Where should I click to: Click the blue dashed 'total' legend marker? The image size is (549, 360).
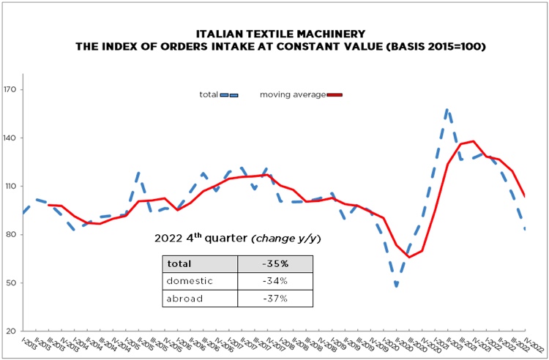click(x=229, y=94)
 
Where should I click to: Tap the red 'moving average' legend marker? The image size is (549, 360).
click(x=335, y=94)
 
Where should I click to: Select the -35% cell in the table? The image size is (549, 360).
click(x=275, y=264)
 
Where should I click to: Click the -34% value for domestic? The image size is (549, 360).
click(x=275, y=281)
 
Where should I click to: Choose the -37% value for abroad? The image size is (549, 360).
click(x=275, y=298)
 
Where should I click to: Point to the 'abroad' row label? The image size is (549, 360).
click(x=184, y=298)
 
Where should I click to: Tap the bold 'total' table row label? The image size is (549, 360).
click(x=180, y=264)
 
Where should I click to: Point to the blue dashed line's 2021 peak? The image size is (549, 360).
click(x=447, y=110)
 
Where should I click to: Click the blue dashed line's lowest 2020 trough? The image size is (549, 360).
click(x=397, y=285)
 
